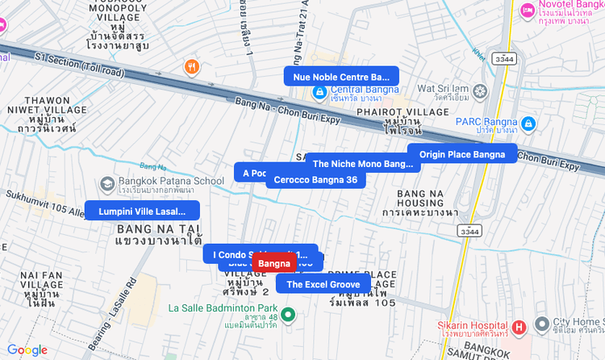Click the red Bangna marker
pyautogui.click(x=274, y=263)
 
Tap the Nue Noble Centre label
pyautogui.click(x=341, y=77)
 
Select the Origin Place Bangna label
pyautogui.click(x=462, y=154)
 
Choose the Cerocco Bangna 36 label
pyautogui.click(x=315, y=179)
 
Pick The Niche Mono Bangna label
pyautogui.click(x=362, y=164)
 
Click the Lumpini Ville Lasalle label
pyautogui.click(x=142, y=211)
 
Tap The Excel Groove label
pyautogui.click(x=323, y=284)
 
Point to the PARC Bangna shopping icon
pyautogui.click(x=528, y=123)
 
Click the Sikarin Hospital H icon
pyautogui.click(x=519, y=327)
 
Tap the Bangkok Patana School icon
pyautogui.click(x=106, y=183)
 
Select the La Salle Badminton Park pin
pyautogui.click(x=288, y=315)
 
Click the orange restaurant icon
pyautogui.click(x=192, y=67)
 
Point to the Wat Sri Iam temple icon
pyautogui.click(x=482, y=91)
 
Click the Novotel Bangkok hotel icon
pyautogui.click(x=528, y=10)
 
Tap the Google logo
pyautogui.click(x=27, y=350)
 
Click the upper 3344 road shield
pyautogui.click(x=506, y=59)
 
